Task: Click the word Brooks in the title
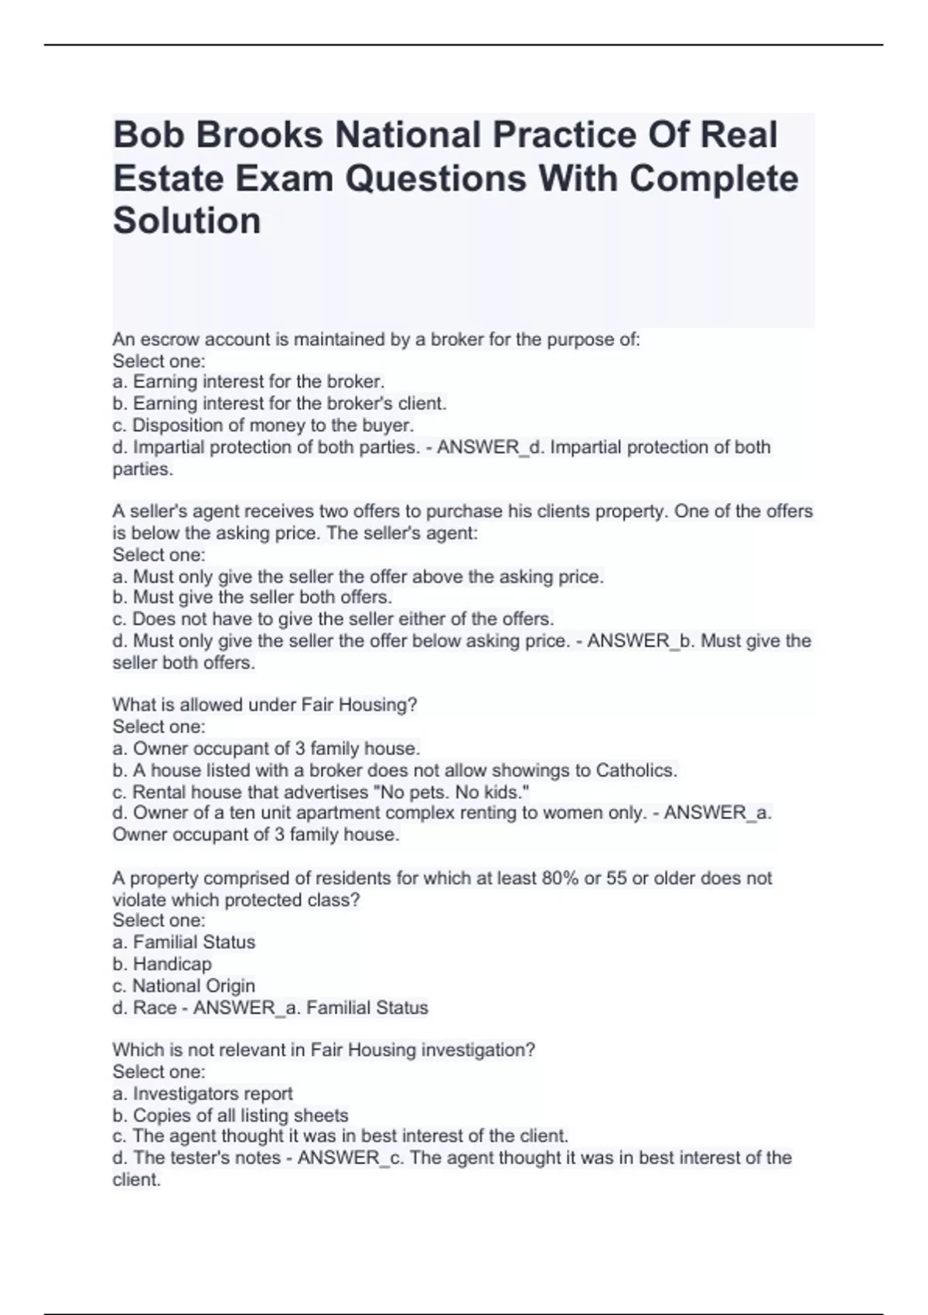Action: coord(259,135)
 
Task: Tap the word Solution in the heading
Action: coord(187,221)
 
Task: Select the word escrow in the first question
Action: coord(165,340)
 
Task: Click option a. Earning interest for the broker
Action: coord(248,382)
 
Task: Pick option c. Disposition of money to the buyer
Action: coord(263,425)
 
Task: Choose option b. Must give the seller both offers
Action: coord(252,597)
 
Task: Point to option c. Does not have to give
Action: coord(333,619)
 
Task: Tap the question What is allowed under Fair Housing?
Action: coord(264,705)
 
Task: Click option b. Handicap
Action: coord(162,964)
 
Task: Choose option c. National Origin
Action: coord(183,985)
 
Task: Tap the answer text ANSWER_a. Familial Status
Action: coord(310,1008)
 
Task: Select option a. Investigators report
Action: coord(203,1094)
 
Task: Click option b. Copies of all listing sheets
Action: coord(230,1115)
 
